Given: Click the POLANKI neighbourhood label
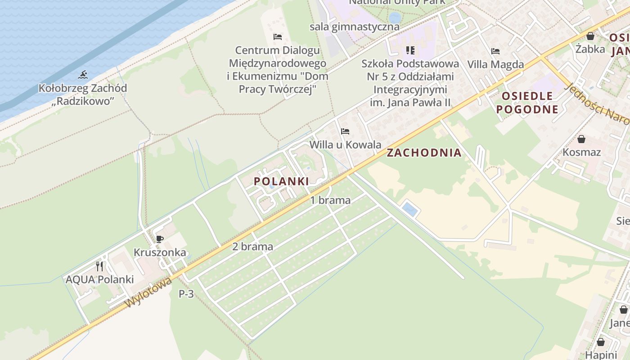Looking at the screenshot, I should coord(281,181).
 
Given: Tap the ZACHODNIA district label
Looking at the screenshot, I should coord(424,153).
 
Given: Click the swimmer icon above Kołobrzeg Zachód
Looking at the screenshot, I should coord(82,75).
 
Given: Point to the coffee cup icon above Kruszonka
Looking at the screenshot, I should coord(159,239).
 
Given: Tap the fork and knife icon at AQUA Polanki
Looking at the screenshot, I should coord(99,266).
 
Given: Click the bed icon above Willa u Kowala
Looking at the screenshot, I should coord(345,131).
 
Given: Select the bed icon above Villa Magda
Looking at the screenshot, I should coord(495,51).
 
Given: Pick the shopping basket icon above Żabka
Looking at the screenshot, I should coord(590,36).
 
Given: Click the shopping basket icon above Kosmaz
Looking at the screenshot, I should coord(581,139).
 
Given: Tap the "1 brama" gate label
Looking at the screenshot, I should coord(330,200).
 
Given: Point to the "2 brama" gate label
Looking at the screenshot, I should coord(252,246).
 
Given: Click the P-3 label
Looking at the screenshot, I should coord(186,294).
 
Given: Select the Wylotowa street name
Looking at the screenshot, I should coord(148,292).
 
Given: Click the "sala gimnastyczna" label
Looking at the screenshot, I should coord(354,27).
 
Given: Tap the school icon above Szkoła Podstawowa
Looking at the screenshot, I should coord(410,50).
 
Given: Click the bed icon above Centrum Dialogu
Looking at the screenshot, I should coord(277,36).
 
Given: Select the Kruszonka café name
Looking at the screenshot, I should coord(160,252).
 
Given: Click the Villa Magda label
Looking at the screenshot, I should coord(495,64).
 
